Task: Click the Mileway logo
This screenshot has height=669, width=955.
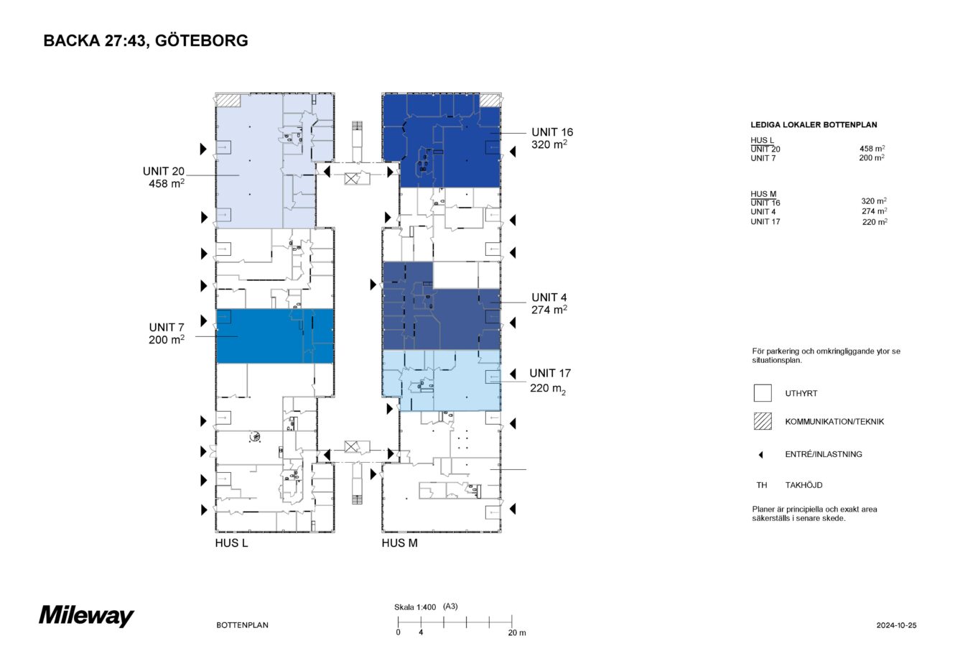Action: click(x=87, y=616)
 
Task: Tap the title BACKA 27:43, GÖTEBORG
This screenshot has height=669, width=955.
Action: click(x=146, y=41)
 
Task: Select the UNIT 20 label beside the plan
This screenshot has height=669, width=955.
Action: click(x=164, y=177)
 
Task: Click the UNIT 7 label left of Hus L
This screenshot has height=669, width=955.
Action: click(x=167, y=333)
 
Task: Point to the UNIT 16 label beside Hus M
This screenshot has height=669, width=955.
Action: click(x=552, y=138)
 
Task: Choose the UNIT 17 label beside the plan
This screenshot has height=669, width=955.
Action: click(x=550, y=381)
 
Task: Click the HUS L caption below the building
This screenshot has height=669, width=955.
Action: click(x=231, y=543)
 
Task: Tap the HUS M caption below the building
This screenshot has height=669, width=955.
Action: click(x=399, y=543)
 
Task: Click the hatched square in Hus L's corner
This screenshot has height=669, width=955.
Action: click(x=229, y=101)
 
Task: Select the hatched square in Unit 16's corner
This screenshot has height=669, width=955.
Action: click(x=490, y=101)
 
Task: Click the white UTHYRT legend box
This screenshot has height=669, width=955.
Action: click(x=763, y=393)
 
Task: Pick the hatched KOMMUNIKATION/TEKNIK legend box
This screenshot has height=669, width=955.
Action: click(x=763, y=421)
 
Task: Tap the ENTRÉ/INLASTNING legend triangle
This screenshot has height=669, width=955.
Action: click(x=760, y=455)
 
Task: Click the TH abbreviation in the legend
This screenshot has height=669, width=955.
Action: click(x=761, y=485)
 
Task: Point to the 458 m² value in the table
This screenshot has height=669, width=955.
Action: click(x=872, y=149)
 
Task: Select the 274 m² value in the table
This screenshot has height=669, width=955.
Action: click(x=874, y=211)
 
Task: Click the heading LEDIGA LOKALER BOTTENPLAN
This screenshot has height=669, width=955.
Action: click(x=814, y=125)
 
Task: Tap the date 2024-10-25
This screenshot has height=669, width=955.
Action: click(x=896, y=625)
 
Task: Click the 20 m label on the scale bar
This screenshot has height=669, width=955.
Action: click(x=516, y=633)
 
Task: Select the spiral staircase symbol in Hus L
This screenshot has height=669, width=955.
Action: click(x=255, y=436)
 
